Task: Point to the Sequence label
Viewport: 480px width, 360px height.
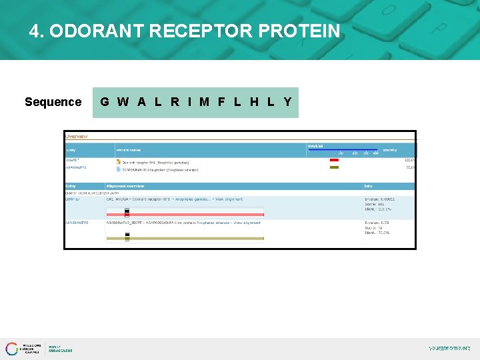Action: [53, 102]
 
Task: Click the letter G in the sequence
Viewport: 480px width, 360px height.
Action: [105, 102]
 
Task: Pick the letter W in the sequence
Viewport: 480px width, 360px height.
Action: [123, 102]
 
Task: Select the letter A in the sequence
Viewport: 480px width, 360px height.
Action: [141, 102]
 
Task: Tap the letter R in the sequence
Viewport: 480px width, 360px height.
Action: [175, 102]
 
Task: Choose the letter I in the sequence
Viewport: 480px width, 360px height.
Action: [189, 102]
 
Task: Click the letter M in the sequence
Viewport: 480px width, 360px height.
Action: [204, 102]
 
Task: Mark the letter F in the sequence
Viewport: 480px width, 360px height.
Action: [221, 102]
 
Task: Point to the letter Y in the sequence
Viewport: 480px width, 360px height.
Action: [287, 102]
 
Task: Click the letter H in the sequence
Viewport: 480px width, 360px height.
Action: [254, 102]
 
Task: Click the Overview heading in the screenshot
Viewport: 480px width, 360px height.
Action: [77, 137]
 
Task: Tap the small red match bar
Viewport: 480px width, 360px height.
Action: [334, 160]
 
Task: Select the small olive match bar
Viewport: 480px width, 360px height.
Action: [334, 167]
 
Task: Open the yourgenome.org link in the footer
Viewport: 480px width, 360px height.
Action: [449, 348]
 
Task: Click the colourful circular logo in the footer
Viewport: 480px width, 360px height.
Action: [12, 348]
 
